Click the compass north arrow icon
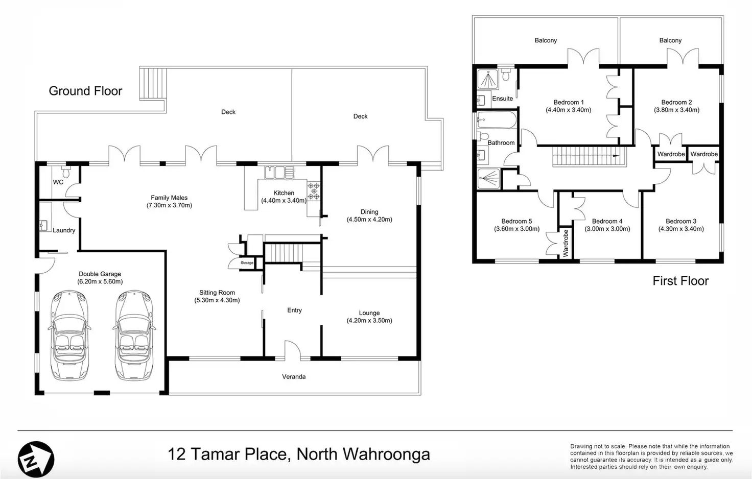[x=36, y=459]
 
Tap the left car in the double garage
[x=69, y=336]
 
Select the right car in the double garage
[x=134, y=336]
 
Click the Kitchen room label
[x=284, y=193]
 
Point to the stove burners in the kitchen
[x=314, y=191]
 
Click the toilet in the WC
[x=66, y=172]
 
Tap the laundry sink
[x=43, y=225]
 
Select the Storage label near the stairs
[x=247, y=263]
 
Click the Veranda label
[x=294, y=377]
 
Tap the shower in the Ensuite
[x=488, y=79]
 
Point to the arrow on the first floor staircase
[x=615, y=156]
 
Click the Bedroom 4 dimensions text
[x=607, y=229]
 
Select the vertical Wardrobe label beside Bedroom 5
[x=566, y=244]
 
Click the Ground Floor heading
[x=85, y=91]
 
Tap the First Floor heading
[x=680, y=281]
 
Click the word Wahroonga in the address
[x=386, y=454]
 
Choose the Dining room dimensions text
[x=369, y=220]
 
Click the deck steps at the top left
[x=153, y=84]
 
